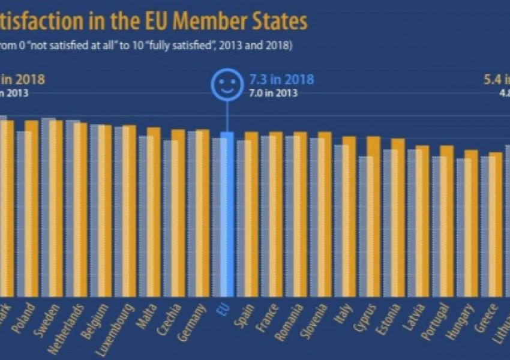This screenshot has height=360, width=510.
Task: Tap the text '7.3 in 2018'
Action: [281, 79]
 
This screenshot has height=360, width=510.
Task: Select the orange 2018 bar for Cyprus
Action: [373, 216]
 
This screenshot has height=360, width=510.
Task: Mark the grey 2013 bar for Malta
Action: [146, 216]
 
